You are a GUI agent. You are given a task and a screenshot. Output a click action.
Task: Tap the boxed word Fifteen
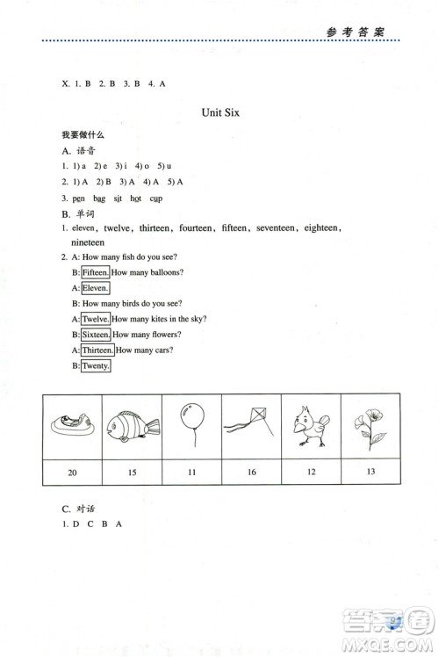point(95,271)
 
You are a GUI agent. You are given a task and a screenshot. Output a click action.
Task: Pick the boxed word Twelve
point(95,319)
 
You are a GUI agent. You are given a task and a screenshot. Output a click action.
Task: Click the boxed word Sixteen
point(95,335)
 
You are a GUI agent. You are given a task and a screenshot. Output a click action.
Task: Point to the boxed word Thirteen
point(97,350)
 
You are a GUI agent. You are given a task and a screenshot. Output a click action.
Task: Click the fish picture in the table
point(133,428)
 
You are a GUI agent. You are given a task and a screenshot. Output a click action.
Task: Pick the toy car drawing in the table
point(72,428)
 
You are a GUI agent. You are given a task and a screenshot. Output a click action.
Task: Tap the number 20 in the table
point(72,473)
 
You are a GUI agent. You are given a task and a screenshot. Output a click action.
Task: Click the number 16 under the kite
point(251,473)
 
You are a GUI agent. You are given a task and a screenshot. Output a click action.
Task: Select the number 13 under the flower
point(370,472)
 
